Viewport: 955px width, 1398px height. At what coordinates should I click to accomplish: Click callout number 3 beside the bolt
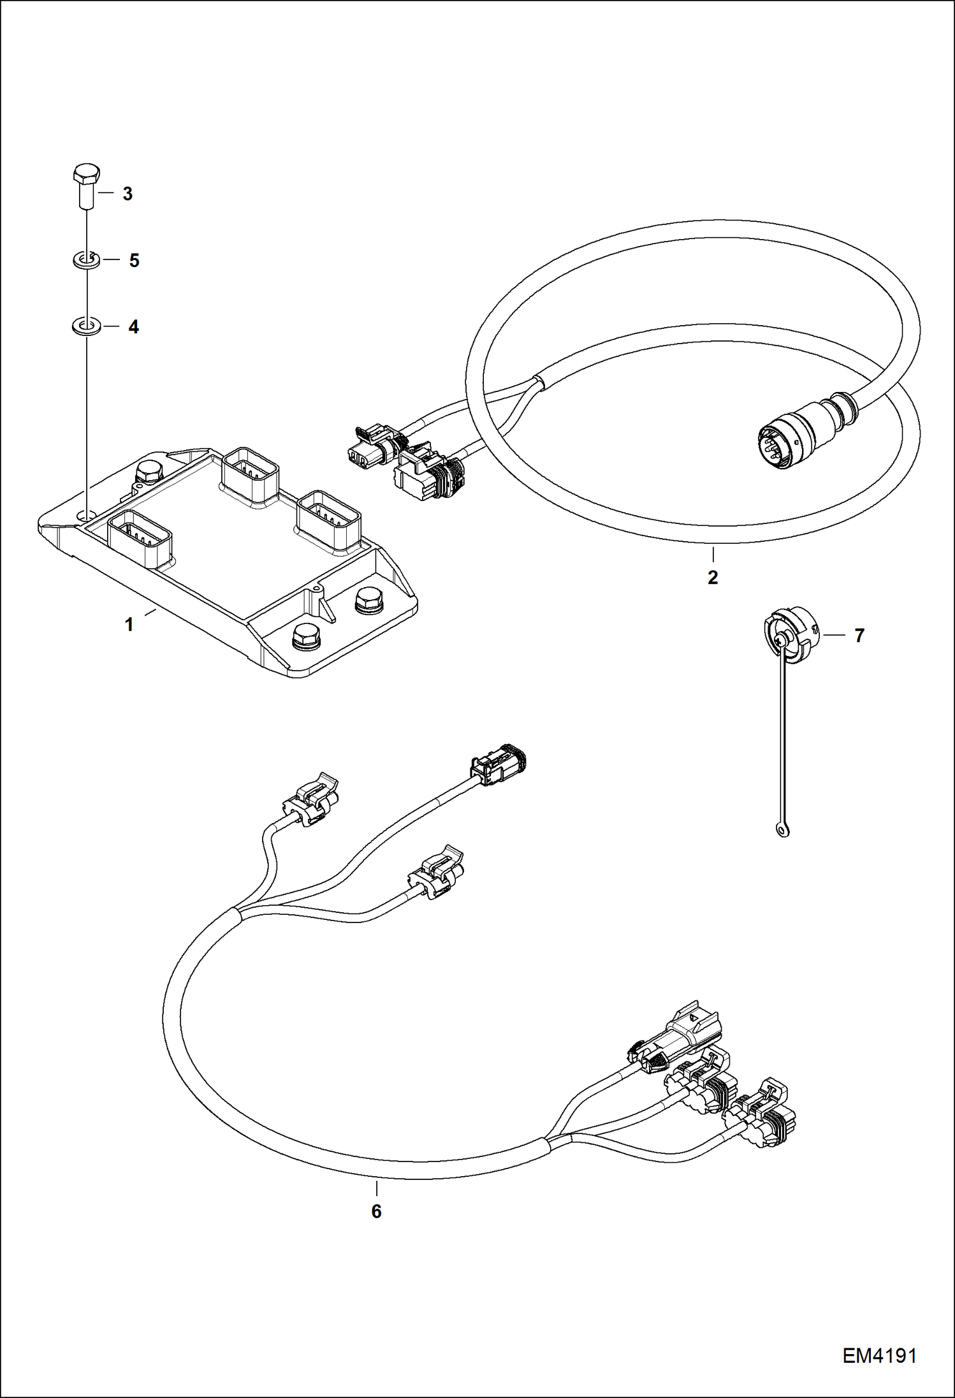[128, 194]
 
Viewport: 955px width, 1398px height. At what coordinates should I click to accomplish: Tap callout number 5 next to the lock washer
[134, 261]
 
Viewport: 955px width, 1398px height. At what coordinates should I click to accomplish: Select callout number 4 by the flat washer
[133, 327]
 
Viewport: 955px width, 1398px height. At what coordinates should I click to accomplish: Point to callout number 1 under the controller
[129, 625]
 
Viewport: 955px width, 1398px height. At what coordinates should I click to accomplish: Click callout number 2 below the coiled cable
[713, 578]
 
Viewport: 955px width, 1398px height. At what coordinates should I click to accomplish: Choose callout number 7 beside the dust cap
[859, 636]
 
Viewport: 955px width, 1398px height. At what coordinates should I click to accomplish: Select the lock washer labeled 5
[85, 260]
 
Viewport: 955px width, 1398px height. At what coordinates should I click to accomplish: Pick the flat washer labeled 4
[85, 327]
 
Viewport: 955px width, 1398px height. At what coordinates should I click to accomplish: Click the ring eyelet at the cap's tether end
[784, 830]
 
